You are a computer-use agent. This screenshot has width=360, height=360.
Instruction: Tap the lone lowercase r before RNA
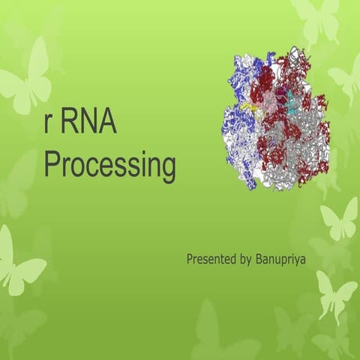(48, 125)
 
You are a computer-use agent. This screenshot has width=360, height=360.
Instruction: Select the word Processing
(109, 165)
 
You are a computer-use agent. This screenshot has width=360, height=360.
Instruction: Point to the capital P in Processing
(52, 164)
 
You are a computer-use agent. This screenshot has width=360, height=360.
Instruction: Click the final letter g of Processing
(167, 169)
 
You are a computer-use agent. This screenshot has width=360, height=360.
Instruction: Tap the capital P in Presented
(190, 259)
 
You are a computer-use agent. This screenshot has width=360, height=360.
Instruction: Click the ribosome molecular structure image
(275, 120)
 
